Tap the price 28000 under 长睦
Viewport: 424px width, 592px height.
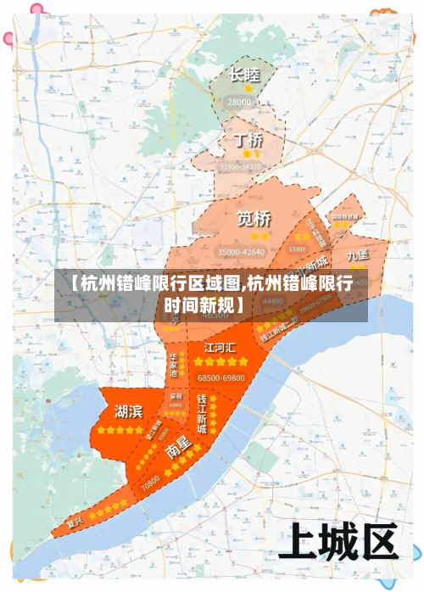pos(240,102)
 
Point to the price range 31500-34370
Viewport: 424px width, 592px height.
pos(241,167)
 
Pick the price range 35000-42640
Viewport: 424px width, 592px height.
pos(241,252)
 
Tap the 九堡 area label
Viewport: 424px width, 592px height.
pos(358,254)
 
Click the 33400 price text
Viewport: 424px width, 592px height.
pos(298,249)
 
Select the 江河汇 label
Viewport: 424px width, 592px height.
pos(220,348)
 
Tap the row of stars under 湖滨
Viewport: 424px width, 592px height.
pos(121,430)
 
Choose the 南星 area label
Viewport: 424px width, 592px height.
pos(178,449)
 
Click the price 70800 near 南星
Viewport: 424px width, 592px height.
pos(151,486)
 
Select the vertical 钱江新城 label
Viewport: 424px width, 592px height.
pos(202,413)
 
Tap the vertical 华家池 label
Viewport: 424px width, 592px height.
pos(172,363)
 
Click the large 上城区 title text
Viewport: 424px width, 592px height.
pos(343,539)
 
